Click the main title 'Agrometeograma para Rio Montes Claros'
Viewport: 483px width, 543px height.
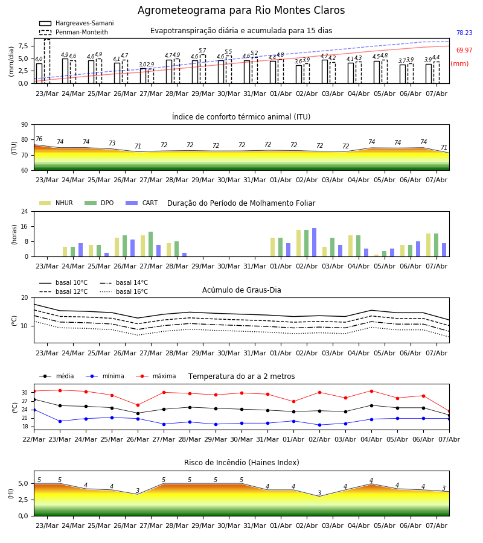click(x=241, y=10)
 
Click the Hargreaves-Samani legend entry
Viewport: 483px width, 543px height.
click(x=77, y=23)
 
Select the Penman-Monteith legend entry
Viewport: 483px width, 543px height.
click(x=74, y=32)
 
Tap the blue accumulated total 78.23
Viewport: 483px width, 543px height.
click(x=464, y=33)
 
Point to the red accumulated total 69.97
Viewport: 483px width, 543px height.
click(x=464, y=50)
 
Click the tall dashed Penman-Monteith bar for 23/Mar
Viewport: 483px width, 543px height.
click(x=47, y=62)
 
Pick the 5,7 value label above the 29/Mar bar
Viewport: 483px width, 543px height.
click(x=202, y=51)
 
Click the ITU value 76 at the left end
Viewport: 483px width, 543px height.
click(x=39, y=139)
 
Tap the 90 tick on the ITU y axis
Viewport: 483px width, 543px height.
click(x=25, y=125)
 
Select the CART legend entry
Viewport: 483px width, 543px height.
click(x=141, y=203)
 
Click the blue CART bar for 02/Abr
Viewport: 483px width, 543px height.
click(x=315, y=243)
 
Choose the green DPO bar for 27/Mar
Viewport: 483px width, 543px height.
click(x=151, y=244)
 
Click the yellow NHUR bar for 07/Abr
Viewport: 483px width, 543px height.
click(x=429, y=245)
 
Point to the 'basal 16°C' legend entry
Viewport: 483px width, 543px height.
click(x=124, y=291)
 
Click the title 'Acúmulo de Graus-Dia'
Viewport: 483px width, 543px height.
click(x=241, y=290)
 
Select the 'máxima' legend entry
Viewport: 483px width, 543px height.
click(x=156, y=376)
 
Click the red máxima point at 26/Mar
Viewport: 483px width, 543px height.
click(x=138, y=405)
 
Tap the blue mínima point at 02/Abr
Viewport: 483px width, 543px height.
click(x=319, y=425)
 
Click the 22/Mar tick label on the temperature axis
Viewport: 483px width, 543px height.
click(x=34, y=439)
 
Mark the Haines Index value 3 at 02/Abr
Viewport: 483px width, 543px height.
click(x=319, y=493)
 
